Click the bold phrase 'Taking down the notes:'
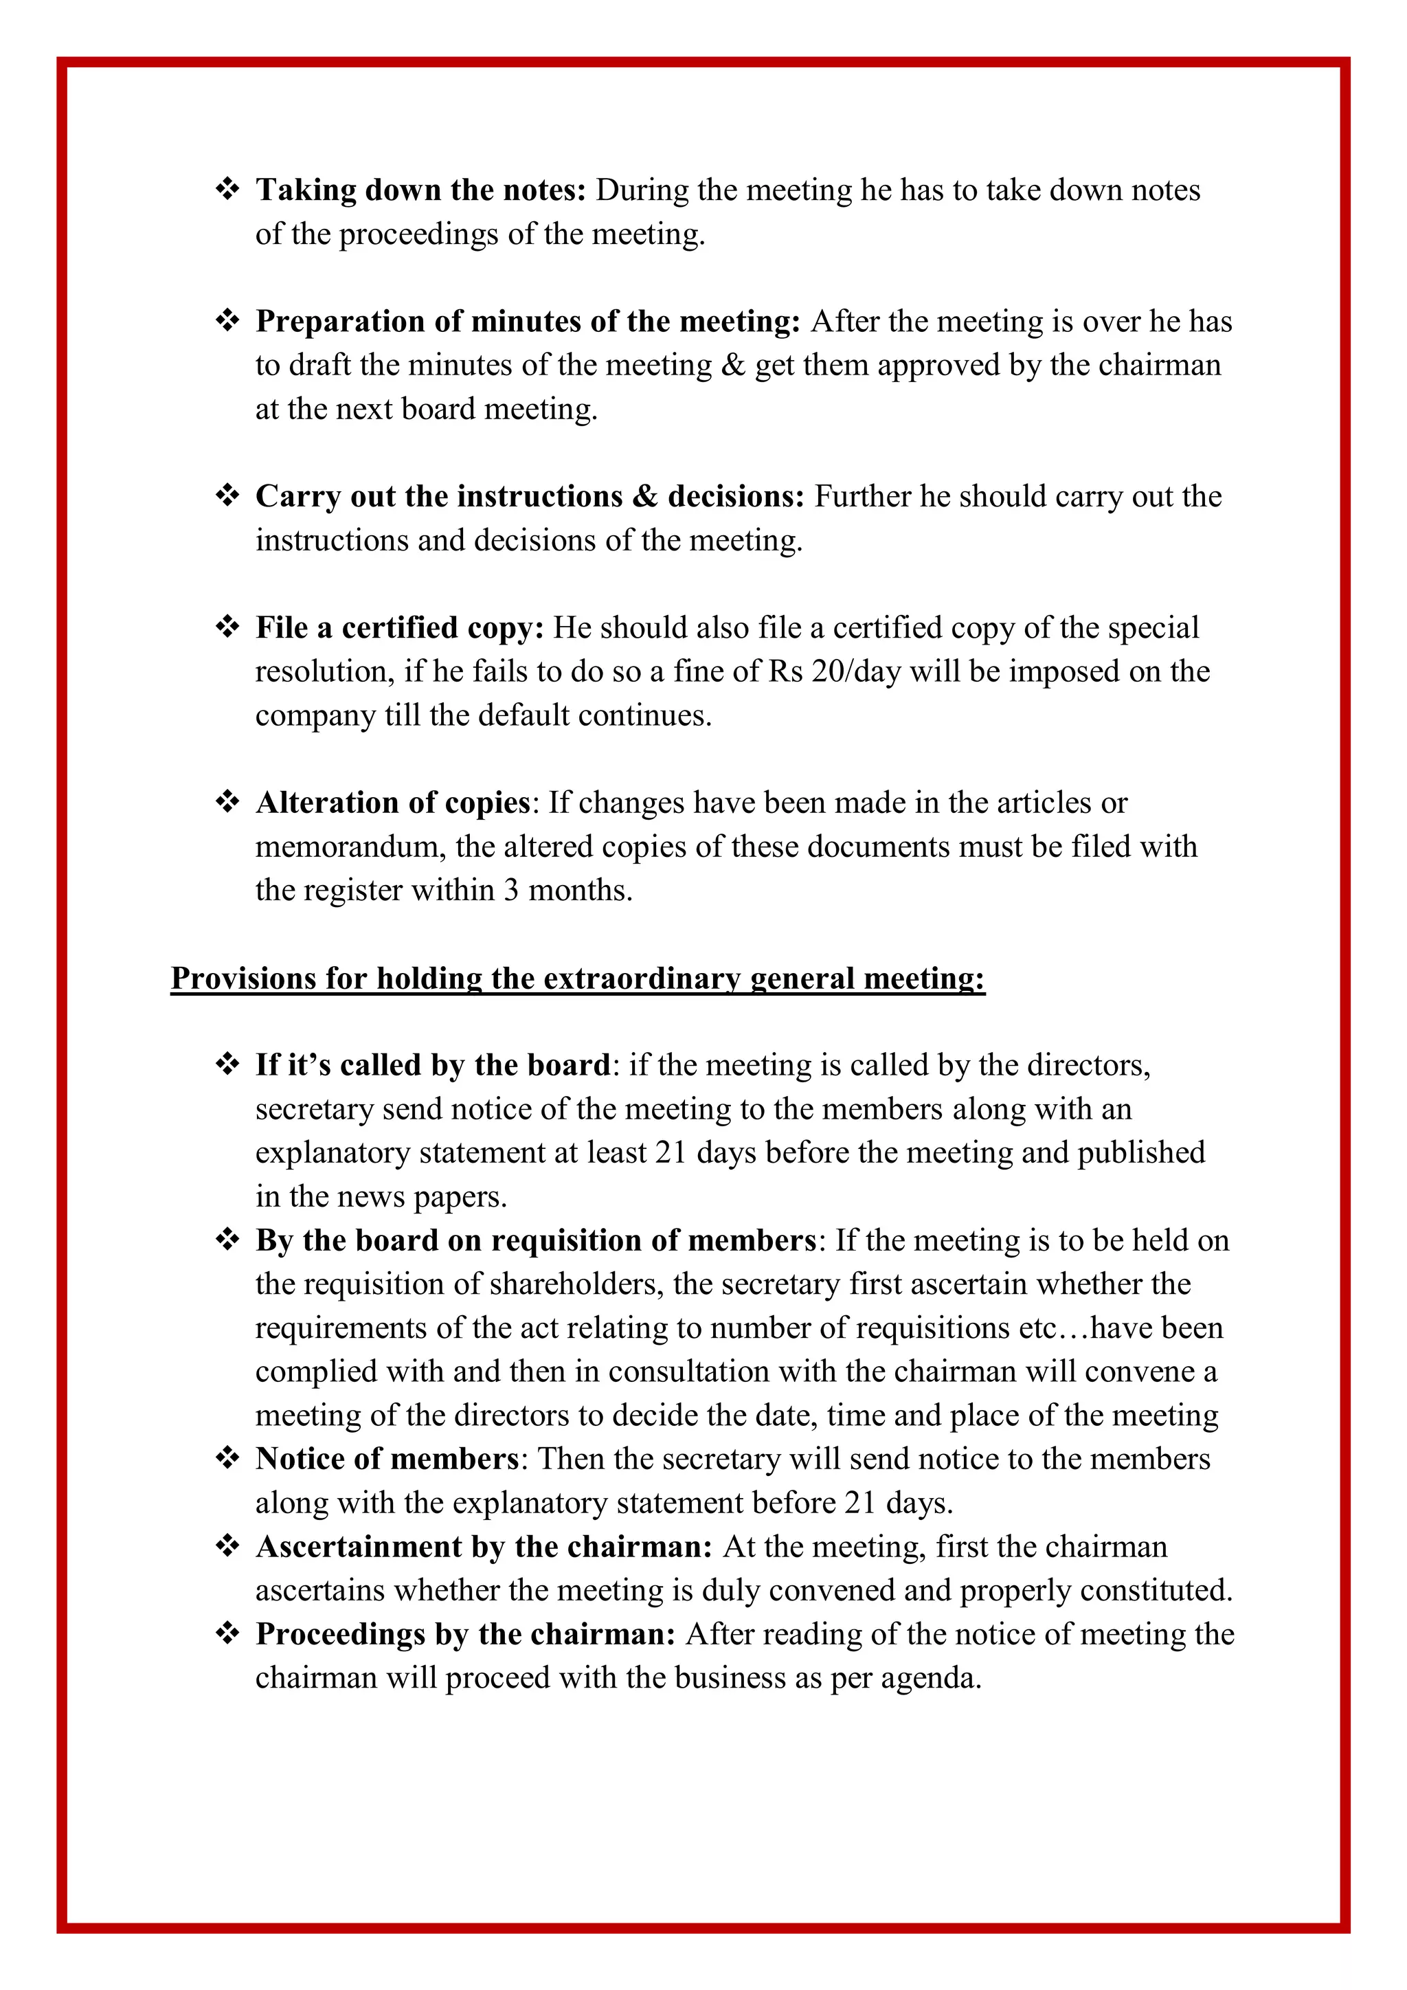point(421,190)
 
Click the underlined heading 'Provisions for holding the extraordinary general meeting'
point(578,979)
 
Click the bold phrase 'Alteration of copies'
point(392,803)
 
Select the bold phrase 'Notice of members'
point(386,1459)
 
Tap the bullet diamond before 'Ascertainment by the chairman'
point(227,1546)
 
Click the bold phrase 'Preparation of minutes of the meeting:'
point(528,322)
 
